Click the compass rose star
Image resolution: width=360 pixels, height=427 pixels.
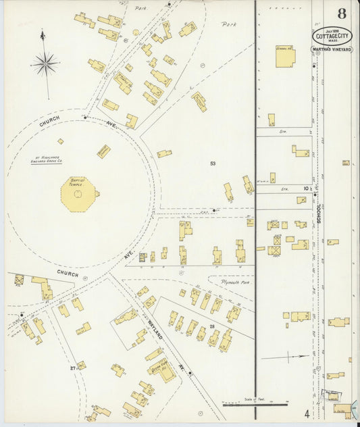tap(46, 65)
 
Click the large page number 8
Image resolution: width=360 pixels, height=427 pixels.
tap(342, 14)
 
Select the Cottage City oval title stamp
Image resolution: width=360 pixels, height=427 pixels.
tap(332, 36)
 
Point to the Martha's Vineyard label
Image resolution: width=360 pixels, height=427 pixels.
tap(332, 50)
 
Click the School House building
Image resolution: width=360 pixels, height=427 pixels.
tap(284, 57)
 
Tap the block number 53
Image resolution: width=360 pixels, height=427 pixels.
tap(213, 164)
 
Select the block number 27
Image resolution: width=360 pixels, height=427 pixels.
tap(73, 368)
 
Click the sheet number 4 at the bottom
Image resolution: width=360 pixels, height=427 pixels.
tap(306, 413)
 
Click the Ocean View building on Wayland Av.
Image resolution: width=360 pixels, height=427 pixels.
tap(161, 368)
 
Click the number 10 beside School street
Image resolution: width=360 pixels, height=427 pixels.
tap(306, 189)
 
